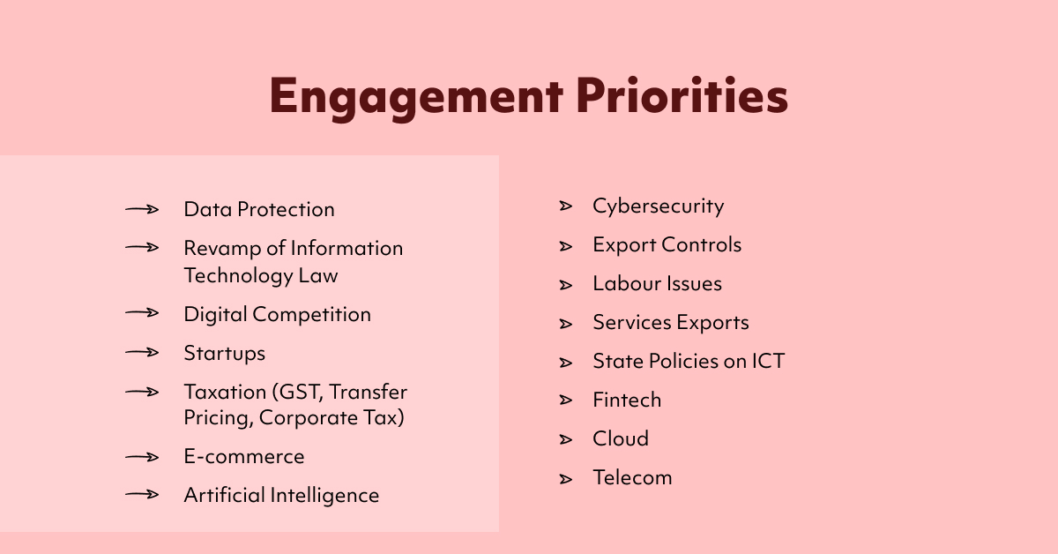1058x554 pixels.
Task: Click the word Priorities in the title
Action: (682, 97)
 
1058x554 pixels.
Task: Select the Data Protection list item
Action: (259, 209)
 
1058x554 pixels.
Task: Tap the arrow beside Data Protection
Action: (142, 209)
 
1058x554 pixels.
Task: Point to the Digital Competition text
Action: (277, 314)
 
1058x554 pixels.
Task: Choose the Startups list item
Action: (224, 353)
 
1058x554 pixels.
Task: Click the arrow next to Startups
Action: (142, 353)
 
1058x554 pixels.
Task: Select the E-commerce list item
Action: (243, 456)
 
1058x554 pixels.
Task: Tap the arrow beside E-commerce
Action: (142, 456)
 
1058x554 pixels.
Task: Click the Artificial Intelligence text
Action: (281, 495)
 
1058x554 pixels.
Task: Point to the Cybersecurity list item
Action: (658, 206)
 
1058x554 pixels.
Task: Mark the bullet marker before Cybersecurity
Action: (566, 206)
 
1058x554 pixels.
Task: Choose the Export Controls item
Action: (667, 244)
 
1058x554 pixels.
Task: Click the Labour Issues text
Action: (657, 283)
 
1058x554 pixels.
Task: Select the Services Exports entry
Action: (670, 322)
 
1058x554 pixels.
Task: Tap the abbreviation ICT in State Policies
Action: (764, 361)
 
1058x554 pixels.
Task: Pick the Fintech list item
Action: (626, 400)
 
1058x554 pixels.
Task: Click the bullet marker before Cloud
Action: (566, 439)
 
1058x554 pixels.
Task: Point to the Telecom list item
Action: (632, 477)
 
